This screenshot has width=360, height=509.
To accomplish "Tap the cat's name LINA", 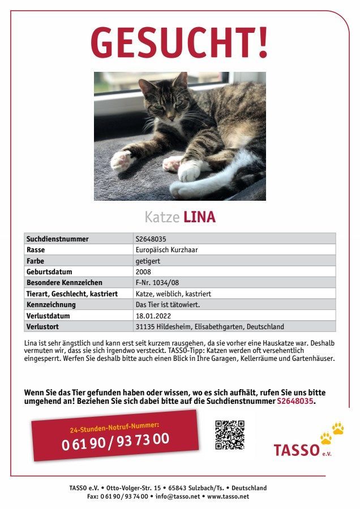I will pos(200,217).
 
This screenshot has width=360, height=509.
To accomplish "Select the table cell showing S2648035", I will pos(151,239).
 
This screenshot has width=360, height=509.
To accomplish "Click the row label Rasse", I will pos(36,250).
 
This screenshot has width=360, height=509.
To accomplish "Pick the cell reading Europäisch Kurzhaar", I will pos(166,250).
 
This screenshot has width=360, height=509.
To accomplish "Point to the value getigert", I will pos(147,261).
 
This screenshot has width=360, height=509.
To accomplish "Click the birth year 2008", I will pos(143,272).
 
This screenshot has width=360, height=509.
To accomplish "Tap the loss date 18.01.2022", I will pos(153,316).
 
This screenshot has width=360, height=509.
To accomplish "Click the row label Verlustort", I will pos(43,327).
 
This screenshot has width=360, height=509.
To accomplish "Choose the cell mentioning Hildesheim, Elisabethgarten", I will pos(209,327).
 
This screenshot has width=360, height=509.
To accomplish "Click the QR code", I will pos(230,434).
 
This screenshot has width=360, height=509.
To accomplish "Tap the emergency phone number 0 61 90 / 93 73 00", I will pos(115,440).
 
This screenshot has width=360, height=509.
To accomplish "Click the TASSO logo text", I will pos(297,450).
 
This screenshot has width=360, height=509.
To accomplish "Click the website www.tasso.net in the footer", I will pos(228,497).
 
